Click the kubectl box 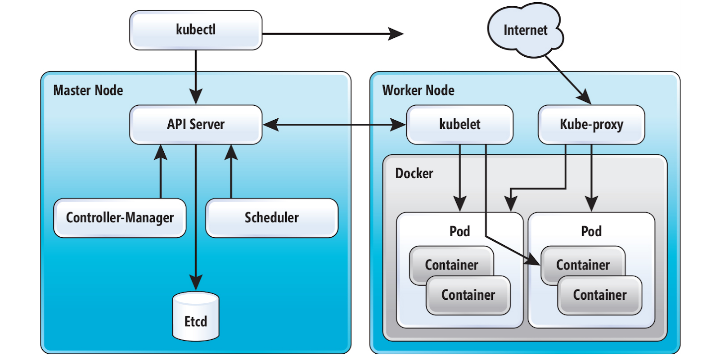click(196, 30)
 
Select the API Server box click(196, 125)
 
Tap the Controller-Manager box click(120, 218)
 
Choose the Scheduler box click(271, 218)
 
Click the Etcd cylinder click(196, 317)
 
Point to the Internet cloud click(525, 31)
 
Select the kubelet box click(459, 125)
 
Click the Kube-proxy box click(591, 125)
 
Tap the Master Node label click(88, 90)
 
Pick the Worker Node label click(418, 90)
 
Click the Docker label click(414, 174)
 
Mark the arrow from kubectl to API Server click(196, 76)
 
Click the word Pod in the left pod click(459, 231)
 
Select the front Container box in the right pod click(600, 295)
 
